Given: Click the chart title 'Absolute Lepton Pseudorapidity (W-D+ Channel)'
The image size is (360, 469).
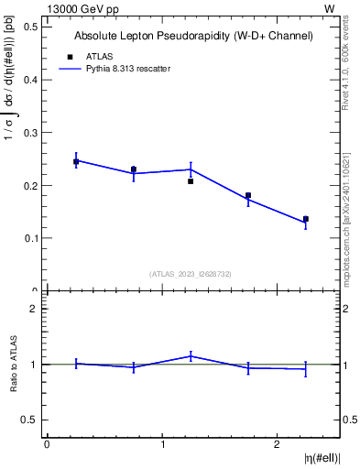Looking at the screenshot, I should pos(193,36).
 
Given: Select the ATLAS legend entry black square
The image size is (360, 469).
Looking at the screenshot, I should pos(68,56).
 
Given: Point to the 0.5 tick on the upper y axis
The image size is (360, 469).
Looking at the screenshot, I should pos(30,27).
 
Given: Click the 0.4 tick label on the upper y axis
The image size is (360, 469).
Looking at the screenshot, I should pos(30,80).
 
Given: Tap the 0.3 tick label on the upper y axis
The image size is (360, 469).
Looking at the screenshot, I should pos(30,133).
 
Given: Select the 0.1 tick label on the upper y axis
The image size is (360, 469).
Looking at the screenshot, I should pos(30,238).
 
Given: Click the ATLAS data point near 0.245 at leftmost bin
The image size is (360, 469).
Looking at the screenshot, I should pos(76,161).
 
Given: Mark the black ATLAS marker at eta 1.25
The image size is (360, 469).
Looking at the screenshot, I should pos(191,181).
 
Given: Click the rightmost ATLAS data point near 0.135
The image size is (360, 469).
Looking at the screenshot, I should pos(306,219).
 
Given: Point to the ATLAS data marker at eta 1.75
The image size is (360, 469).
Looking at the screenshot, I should pos(248,195).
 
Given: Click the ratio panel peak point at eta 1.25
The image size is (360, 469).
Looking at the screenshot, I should pos(191,355).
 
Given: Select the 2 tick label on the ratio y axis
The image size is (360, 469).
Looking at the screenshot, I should pos(33,309).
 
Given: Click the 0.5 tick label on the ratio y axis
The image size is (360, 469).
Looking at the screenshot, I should pos(30,420).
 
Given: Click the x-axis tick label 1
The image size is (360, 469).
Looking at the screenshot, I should pos(162,444).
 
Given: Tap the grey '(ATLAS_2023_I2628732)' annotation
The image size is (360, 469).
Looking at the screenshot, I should pos(191,273).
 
